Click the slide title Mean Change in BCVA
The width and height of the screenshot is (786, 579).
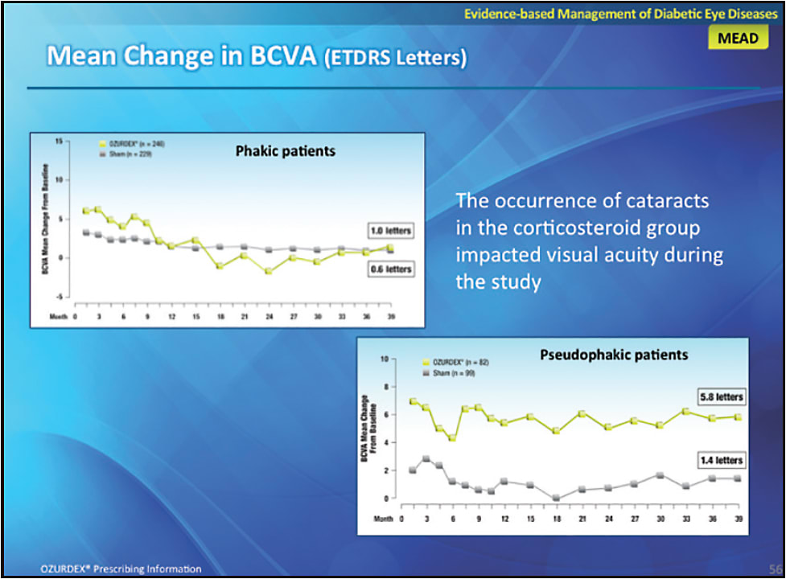[257, 57]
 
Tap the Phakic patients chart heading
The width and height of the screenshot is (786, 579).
[285, 151]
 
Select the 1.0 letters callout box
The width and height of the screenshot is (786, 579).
[390, 231]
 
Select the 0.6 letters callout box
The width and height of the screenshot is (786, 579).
[390, 269]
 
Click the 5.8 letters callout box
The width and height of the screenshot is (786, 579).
[721, 398]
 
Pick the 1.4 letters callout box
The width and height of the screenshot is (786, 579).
[721, 460]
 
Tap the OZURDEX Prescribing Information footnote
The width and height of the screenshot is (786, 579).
[121, 569]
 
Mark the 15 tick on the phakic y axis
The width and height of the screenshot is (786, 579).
[59, 141]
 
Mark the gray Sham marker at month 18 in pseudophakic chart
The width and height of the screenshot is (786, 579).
[556, 498]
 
